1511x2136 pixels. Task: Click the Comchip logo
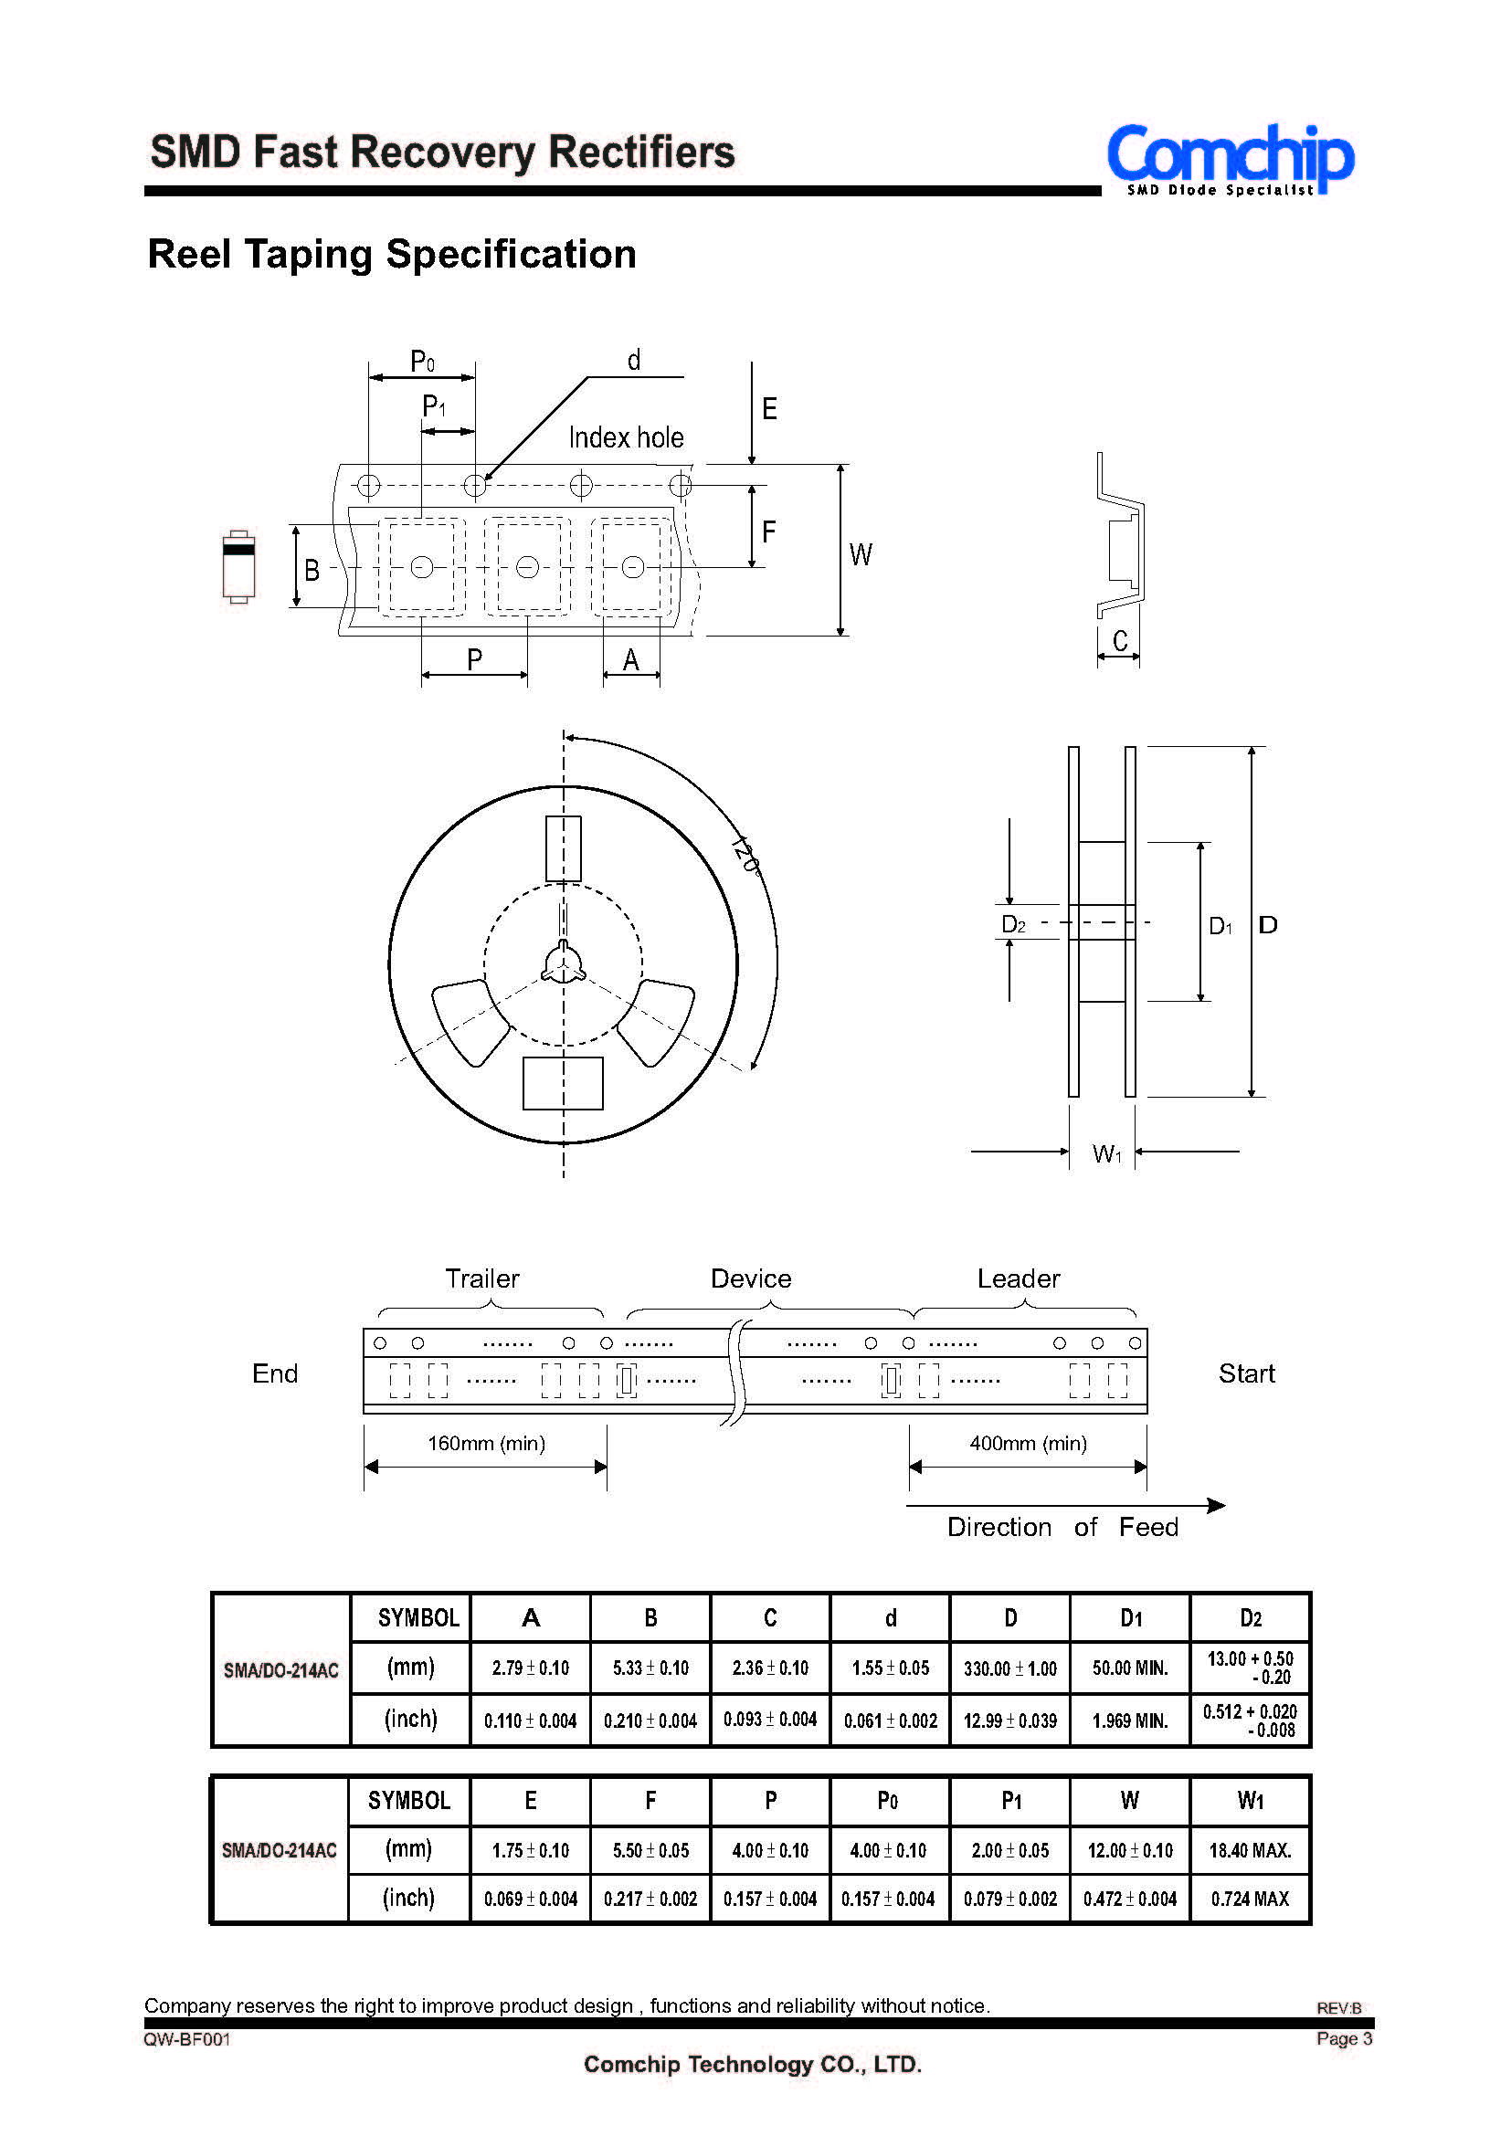pos(1229,158)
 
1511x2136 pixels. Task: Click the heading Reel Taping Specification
pos(392,254)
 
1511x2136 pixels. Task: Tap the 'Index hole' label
pos(625,437)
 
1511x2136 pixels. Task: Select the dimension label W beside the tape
pos(861,555)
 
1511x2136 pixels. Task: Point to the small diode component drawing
pos(238,566)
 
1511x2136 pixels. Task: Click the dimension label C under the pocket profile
pos(1119,641)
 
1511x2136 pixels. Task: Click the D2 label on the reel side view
pos(1013,925)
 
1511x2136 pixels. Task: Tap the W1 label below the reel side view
pos(1106,1154)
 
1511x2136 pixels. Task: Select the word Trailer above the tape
pos(482,1279)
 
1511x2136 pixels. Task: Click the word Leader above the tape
pos(1018,1279)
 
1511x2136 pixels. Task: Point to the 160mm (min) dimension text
pos(486,1444)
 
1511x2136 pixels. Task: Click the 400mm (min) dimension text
pos(1028,1444)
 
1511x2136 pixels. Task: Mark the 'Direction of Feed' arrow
pos(1066,1505)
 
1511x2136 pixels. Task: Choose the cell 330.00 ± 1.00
pos(1009,1669)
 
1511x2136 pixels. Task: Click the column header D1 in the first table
pos(1130,1619)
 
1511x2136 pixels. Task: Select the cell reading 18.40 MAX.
pos(1250,1851)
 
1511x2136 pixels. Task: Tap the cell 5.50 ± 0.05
pos(650,1851)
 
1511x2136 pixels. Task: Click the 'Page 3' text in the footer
pos(1344,2039)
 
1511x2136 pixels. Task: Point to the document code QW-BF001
pos(187,2039)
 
